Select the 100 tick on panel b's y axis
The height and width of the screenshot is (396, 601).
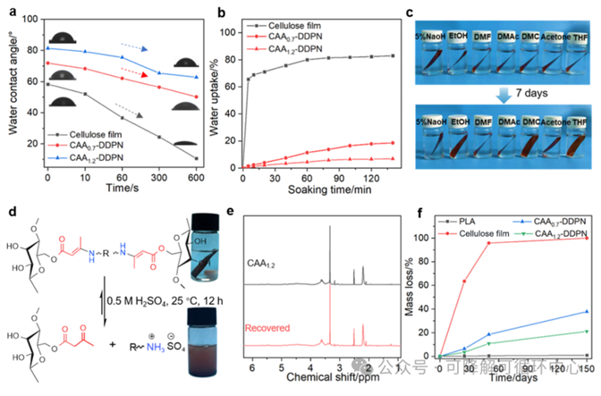[x=230, y=31]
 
